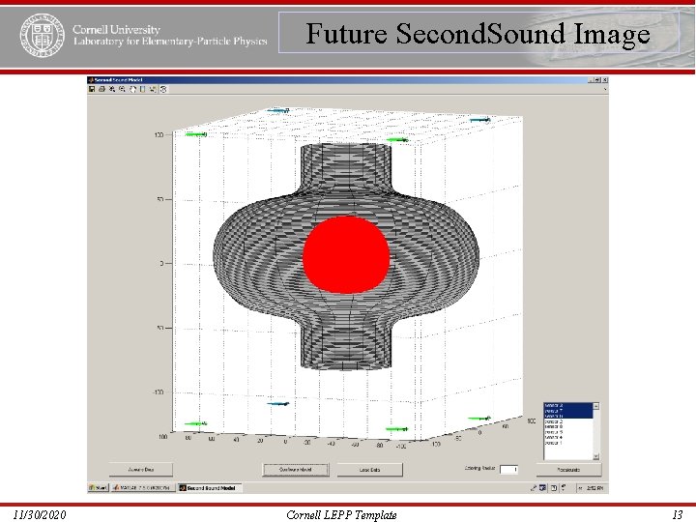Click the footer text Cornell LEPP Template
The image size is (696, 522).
tap(342, 515)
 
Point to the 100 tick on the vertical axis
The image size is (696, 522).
tap(158, 135)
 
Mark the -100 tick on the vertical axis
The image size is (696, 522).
tap(156, 392)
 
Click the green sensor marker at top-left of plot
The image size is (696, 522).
tap(197, 135)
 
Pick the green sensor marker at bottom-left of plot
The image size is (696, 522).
tap(197, 423)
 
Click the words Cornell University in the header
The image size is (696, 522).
tap(116, 30)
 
